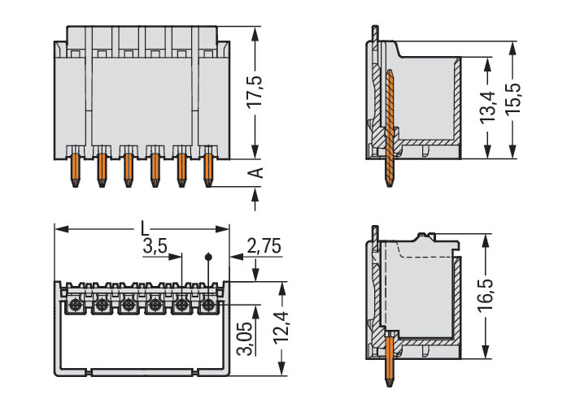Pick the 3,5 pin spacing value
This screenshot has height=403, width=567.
[x=155, y=247]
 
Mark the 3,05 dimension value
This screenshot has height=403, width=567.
[x=244, y=338]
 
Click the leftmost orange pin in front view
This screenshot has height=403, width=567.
[x=76, y=170]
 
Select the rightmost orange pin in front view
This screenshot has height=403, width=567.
[x=207, y=170]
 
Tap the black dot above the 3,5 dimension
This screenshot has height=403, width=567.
[x=207, y=257]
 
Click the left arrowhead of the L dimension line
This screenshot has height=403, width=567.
[x=59, y=229]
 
